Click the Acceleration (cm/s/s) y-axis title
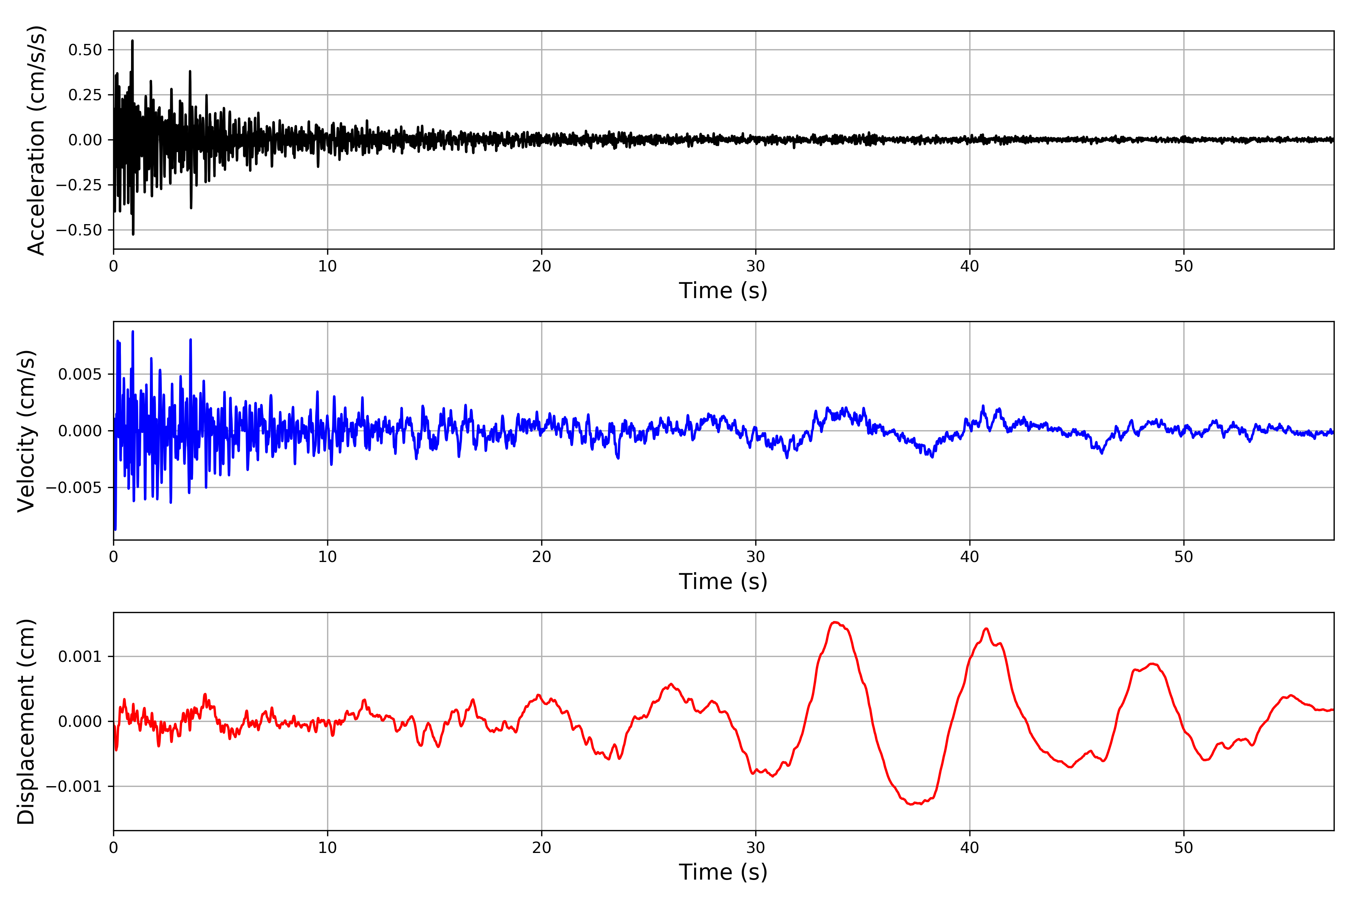36,140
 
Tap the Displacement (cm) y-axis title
26,721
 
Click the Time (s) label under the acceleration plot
723,291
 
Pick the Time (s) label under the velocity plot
723,582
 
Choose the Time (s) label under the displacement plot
723,872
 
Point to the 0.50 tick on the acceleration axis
85,50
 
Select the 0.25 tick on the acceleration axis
85,95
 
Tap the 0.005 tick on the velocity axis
79,375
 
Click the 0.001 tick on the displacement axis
79,657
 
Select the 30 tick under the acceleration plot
755,267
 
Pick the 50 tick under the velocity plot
1184,557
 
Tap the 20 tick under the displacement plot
542,848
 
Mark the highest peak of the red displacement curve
835,622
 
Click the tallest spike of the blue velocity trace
133,331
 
